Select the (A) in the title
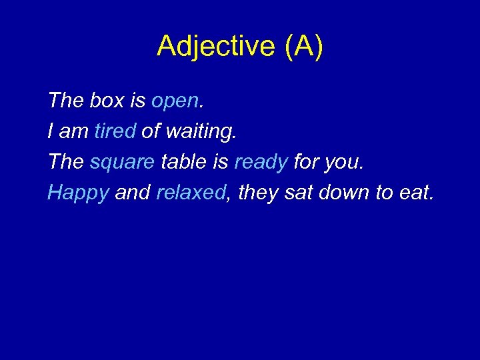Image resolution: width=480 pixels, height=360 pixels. point(303,47)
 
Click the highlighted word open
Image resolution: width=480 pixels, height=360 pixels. point(175,102)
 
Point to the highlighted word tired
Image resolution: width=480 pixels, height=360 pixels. point(115,131)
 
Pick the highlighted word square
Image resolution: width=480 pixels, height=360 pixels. point(122,163)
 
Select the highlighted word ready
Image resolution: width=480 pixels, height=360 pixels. point(261,163)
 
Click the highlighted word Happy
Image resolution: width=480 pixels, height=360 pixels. point(78,193)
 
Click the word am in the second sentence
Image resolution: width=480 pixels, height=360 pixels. point(73,132)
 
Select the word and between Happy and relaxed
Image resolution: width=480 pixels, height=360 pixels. point(132,193)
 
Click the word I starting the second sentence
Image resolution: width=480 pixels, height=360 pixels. point(51,131)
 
